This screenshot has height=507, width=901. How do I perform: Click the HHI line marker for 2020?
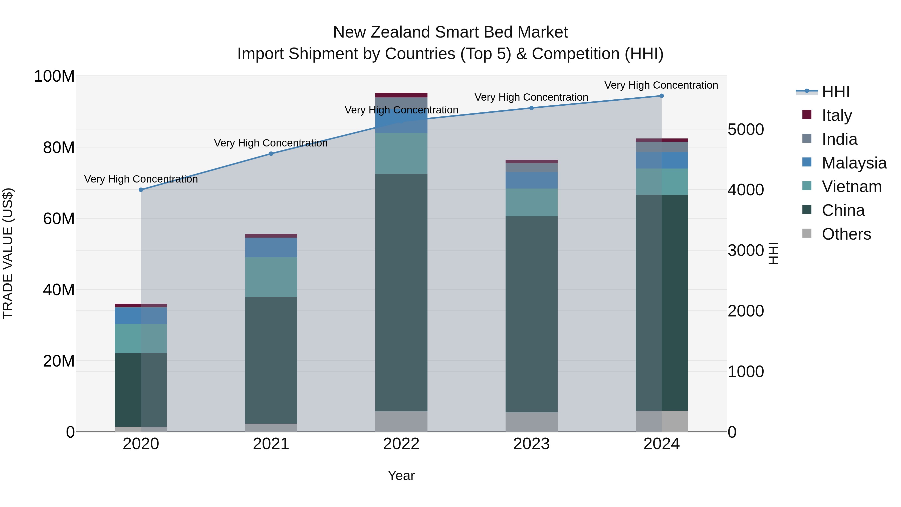pyautogui.click(x=141, y=190)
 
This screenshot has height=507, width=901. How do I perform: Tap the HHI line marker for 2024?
pyautogui.click(x=661, y=96)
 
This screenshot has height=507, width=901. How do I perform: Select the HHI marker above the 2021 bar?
pyautogui.click(x=271, y=154)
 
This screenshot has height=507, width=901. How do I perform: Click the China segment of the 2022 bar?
pyautogui.click(x=401, y=292)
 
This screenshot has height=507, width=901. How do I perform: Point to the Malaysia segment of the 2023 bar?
pyautogui.click(x=531, y=180)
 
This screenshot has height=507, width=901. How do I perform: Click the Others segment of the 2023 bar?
pyautogui.click(x=531, y=422)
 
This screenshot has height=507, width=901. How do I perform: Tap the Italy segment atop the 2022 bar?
pyautogui.click(x=401, y=95)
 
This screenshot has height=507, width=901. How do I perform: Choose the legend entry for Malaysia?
pyautogui.click(x=854, y=163)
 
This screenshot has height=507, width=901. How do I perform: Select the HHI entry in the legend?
pyautogui.click(x=835, y=92)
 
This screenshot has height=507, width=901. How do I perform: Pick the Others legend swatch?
pyautogui.click(x=807, y=233)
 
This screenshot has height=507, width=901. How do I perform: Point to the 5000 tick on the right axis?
pyautogui.click(x=745, y=129)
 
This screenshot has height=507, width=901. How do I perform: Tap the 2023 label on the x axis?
pyautogui.click(x=531, y=444)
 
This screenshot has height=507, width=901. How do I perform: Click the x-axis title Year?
pyautogui.click(x=401, y=475)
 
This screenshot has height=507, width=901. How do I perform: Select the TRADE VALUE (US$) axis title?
pyautogui.click(x=8, y=253)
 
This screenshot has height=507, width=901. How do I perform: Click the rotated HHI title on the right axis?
pyautogui.click(x=773, y=253)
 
